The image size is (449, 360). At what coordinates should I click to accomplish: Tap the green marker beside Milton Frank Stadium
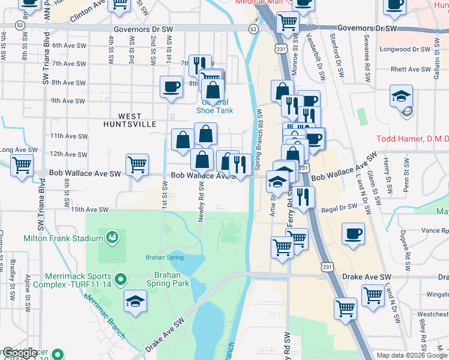pyautogui.click(x=111, y=238)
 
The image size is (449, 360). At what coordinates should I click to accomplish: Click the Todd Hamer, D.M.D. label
pyautogui.click(x=412, y=139)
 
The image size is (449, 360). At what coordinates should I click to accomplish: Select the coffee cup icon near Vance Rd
pyautogui.click(x=354, y=233)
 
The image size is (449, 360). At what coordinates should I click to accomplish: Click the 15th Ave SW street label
pyautogui.click(x=89, y=210)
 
